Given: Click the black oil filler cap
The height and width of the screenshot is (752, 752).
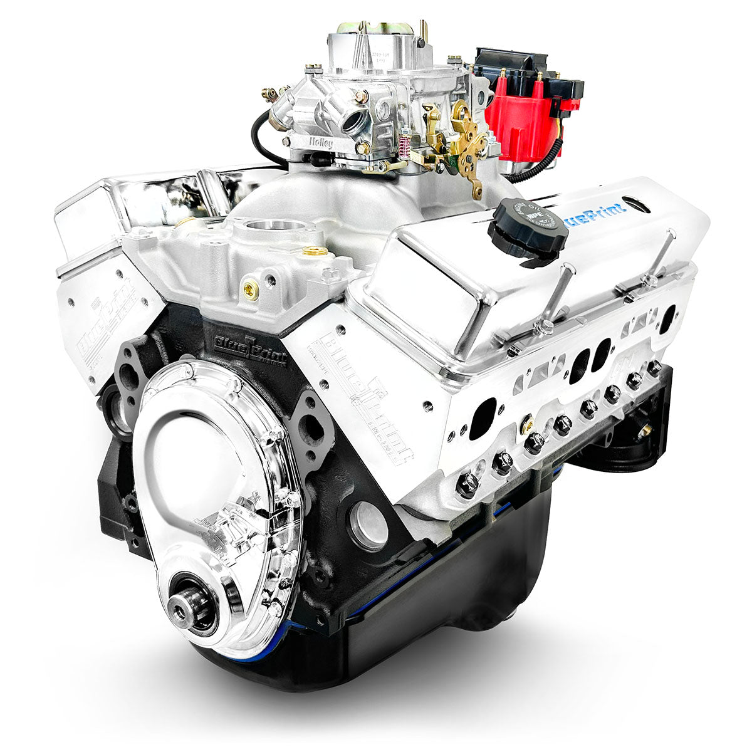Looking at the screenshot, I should pos(528,226).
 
